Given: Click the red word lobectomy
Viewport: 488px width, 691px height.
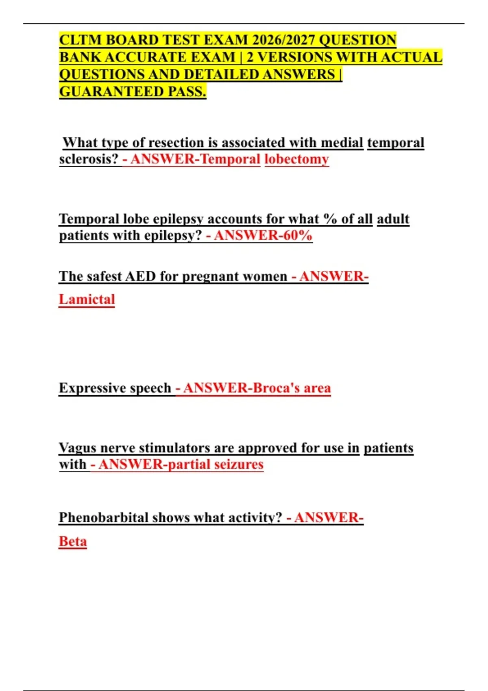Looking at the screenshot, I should [x=296, y=159].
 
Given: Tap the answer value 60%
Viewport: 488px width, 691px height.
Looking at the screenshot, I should [x=298, y=235].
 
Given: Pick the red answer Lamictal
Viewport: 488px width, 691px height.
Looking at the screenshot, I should [x=87, y=300].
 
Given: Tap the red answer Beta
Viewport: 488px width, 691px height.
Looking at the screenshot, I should [x=73, y=542].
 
